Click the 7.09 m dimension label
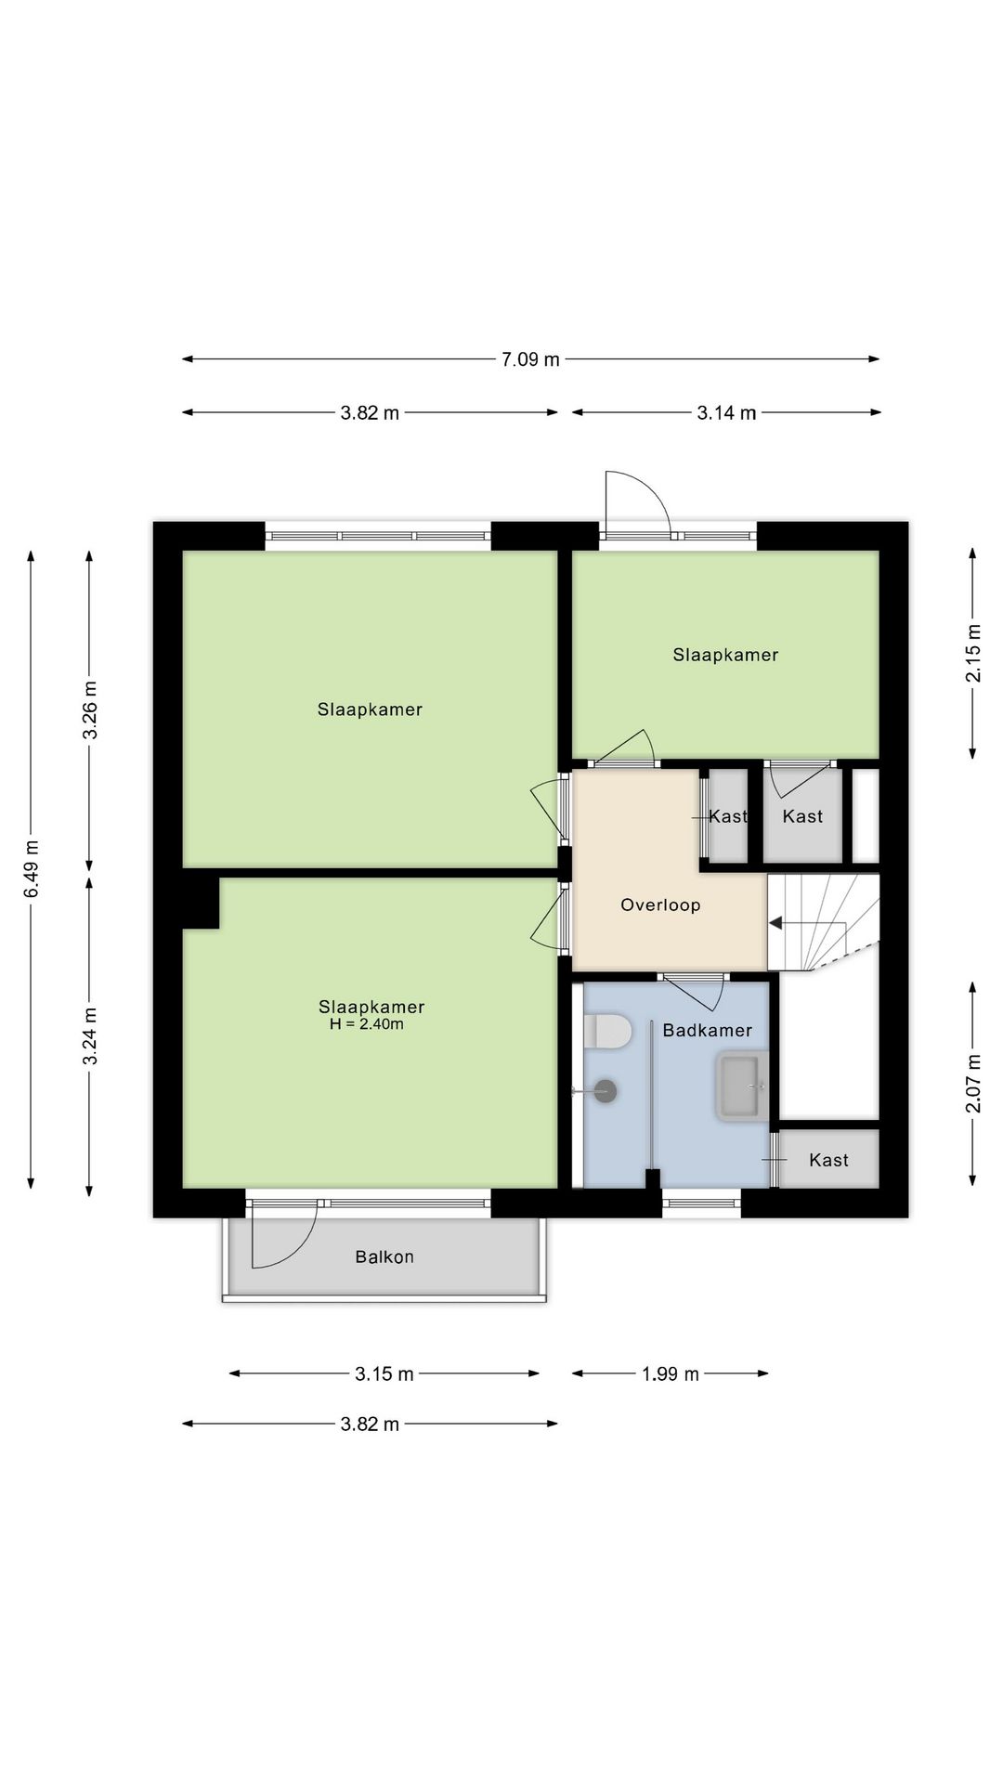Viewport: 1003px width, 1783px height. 530,359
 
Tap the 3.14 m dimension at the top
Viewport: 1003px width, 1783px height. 726,413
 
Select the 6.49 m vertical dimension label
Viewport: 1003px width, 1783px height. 32,868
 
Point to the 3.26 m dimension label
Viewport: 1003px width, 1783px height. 89,710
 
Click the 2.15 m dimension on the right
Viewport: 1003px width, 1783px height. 972,652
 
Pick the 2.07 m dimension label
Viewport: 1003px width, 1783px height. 972,1083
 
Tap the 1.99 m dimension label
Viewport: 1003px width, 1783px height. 670,1373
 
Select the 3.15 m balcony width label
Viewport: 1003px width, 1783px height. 384,1373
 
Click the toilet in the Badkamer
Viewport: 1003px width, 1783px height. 608,1032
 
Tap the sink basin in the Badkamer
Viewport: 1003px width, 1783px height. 742,1085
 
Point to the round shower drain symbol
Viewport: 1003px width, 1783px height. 606,1091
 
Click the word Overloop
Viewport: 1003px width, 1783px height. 660,905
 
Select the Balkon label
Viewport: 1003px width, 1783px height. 384,1257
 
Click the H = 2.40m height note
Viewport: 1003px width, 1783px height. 366,1025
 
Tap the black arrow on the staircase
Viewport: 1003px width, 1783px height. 775,923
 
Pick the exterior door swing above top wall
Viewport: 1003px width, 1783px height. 639,501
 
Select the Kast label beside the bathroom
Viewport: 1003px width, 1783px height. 828,1160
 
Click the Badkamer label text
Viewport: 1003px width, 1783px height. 707,1030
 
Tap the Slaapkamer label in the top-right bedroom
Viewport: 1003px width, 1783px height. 725,655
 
